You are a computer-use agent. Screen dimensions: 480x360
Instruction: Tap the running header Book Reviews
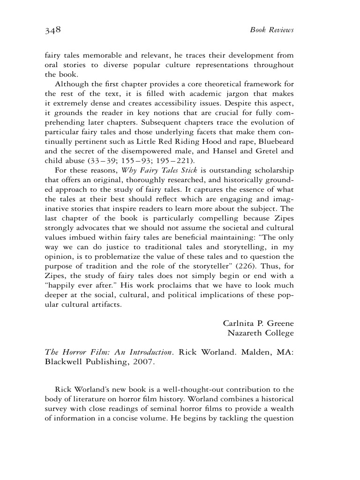tap(271, 31)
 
